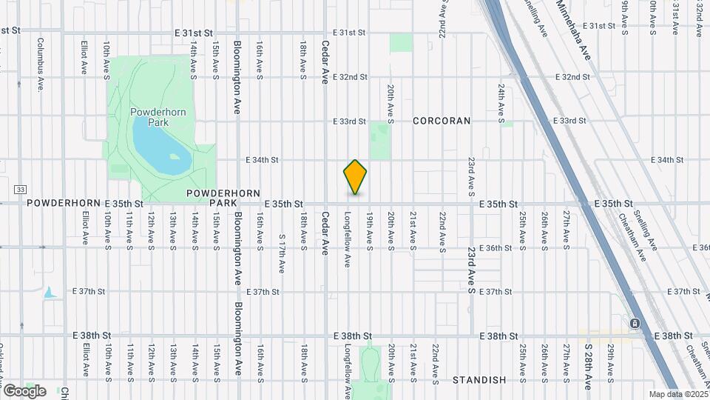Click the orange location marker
355,176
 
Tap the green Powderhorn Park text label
158,117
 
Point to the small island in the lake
175,156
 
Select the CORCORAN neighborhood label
442,121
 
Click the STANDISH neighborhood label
480,380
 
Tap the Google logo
24,390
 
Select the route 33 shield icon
20,190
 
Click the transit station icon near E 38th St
635,324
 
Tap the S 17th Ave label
282,253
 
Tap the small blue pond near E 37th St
50,293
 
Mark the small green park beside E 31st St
402,42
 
